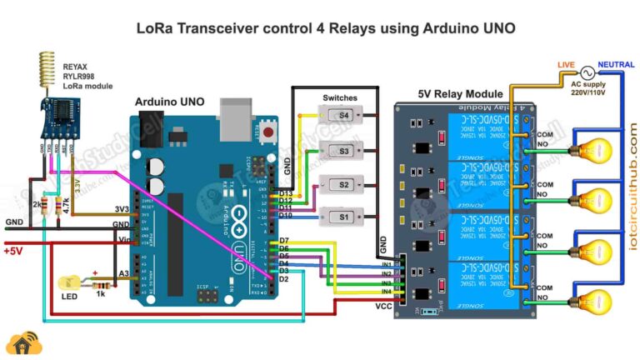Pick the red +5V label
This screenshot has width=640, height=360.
(x=17, y=250)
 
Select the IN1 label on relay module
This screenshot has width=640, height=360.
(x=387, y=263)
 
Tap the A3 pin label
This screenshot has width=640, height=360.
(x=122, y=273)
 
